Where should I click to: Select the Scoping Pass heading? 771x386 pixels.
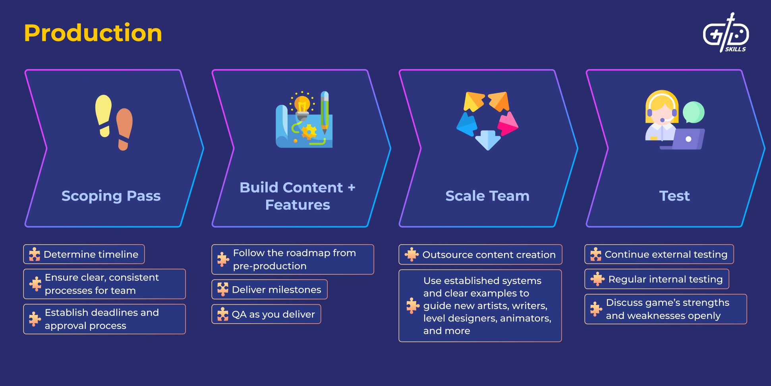(x=111, y=196)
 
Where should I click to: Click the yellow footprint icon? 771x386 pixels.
(x=103, y=115)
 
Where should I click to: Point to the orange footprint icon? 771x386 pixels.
(x=124, y=129)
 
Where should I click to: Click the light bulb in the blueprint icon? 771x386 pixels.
(x=302, y=105)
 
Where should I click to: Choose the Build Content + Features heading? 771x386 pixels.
(x=298, y=196)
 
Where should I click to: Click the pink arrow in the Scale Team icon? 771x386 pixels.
(x=508, y=124)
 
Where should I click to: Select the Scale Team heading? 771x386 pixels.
(x=487, y=196)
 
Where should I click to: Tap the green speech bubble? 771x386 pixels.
(x=694, y=112)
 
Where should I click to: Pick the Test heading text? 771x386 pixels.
(x=674, y=196)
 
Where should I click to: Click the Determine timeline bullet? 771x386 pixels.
(x=84, y=254)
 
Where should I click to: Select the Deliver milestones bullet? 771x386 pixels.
(x=270, y=289)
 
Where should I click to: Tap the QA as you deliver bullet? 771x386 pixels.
(x=267, y=314)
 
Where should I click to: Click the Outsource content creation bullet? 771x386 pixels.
(x=481, y=255)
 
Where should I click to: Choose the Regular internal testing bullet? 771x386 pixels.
(x=657, y=279)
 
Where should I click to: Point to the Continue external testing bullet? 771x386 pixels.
(x=659, y=254)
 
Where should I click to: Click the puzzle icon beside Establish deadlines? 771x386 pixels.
(x=35, y=319)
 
